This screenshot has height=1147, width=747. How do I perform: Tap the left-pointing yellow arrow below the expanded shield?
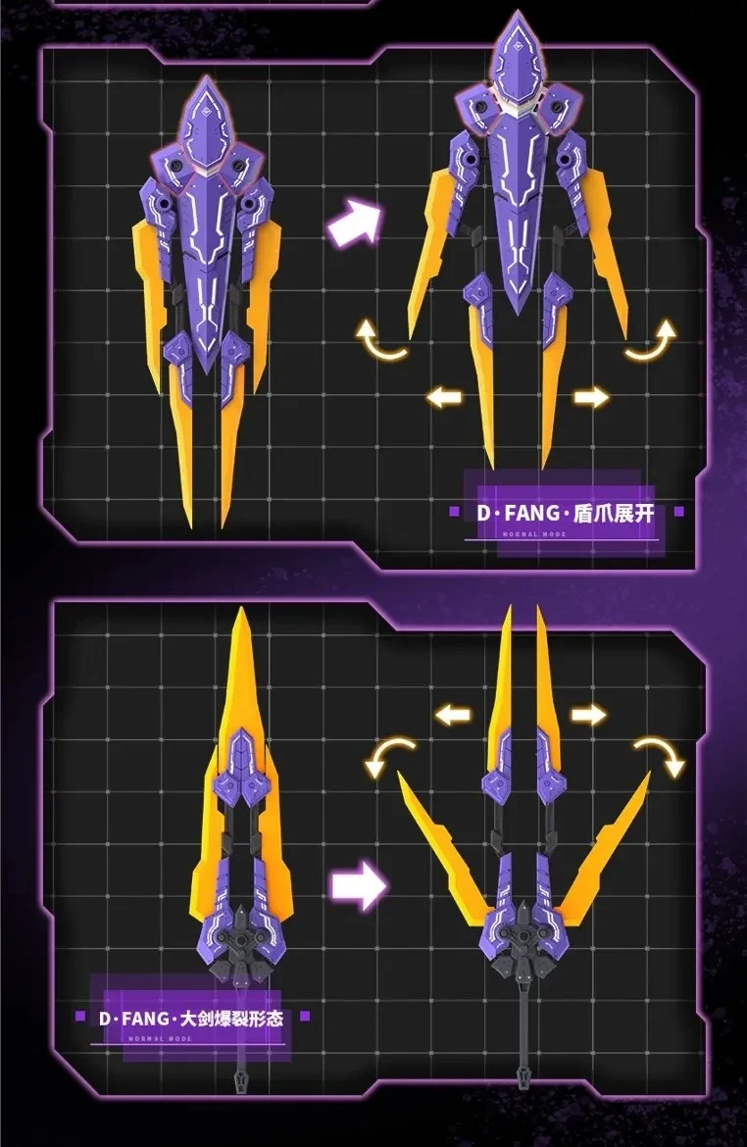444,397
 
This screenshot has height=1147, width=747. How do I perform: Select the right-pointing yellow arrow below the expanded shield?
590,397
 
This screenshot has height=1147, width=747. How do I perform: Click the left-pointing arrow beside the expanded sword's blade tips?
453,715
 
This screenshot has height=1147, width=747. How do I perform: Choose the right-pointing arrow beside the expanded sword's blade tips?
588,715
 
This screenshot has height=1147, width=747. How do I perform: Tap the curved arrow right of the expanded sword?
657,757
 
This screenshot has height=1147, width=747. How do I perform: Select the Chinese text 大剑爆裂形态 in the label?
232,1019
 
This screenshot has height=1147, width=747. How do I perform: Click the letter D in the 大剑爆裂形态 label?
106,1019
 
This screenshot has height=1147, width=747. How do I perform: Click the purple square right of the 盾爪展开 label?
680,511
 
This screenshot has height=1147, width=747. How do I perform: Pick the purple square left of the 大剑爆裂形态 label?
80,1017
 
